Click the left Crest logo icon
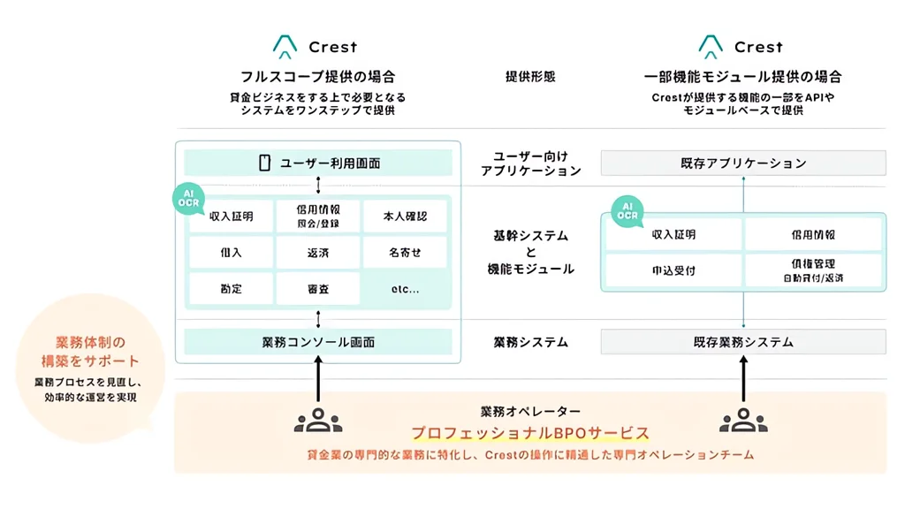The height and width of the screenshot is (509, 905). pos(284,47)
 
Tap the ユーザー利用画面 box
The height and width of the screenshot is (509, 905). pos(318,163)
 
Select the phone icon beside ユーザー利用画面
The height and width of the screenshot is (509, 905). pos(263,163)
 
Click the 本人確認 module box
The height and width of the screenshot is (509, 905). pos(405,216)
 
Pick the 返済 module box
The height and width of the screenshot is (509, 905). pos(318,253)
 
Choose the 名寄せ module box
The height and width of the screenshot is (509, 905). pos(405,253)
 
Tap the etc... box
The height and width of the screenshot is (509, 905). pos(405,289)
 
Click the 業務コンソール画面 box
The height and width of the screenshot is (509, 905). pos(318,342)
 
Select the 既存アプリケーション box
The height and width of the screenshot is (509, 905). pos(743,163)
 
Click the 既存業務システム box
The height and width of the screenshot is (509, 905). pos(743,342)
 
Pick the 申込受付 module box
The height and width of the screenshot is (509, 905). pos(673,270)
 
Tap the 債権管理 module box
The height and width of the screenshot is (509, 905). pos(812,270)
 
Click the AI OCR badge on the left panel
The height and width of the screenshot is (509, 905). pos(187,199)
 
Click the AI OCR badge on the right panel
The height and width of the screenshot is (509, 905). pos(627,211)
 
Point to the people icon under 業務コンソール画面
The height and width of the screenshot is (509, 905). pos(318,421)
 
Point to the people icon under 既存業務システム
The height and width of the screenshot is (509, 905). pos(743,421)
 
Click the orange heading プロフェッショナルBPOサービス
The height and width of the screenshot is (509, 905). pos(530,433)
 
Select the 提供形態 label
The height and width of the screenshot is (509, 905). pos(530,77)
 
